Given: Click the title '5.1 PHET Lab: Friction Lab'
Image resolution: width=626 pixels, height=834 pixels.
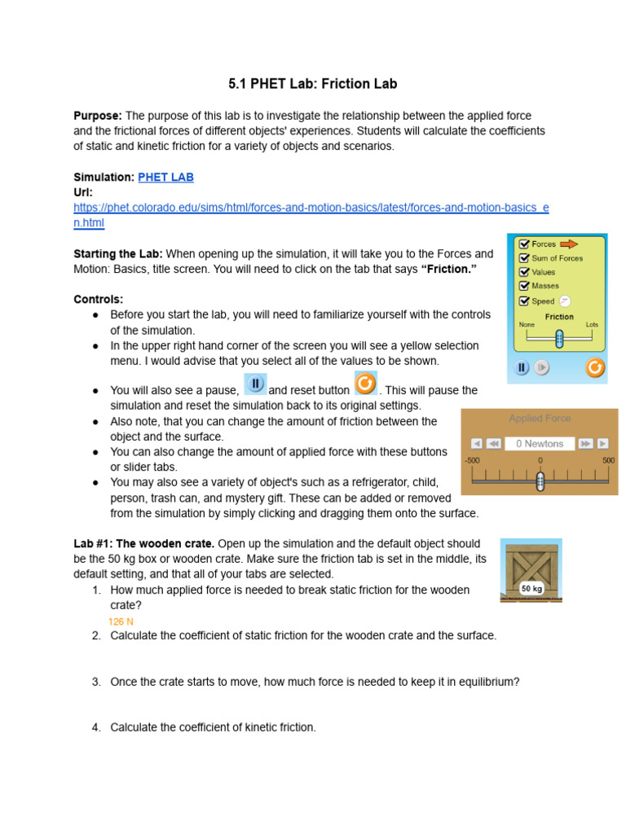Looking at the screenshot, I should pyautogui.click(x=312, y=84).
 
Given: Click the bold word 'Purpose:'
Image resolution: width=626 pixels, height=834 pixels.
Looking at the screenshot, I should pyautogui.click(x=98, y=116).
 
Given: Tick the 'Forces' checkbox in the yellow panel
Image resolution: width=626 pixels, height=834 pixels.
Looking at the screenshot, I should pyautogui.click(x=524, y=244).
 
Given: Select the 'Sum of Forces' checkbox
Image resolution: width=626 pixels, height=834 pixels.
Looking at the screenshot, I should pyautogui.click(x=524, y=258).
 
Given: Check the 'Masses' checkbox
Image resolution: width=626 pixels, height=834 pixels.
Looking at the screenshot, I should pyautogui.click(x=524, y=286).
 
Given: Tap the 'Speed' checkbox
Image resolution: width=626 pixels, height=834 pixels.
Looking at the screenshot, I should pyautogui.click(x=524, y=301).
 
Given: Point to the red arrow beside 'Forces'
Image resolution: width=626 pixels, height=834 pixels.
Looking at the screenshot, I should pyautogui.click(x=568, y=244).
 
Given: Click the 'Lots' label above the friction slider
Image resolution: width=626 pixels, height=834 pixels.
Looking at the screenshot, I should pyautogui.click(x=591, y=324).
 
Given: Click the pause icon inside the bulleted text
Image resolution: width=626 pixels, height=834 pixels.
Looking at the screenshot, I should pyautogui.click(x=255, y=384).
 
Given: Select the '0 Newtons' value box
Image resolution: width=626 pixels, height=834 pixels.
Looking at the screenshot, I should pyautogui.click(x=540, y=444).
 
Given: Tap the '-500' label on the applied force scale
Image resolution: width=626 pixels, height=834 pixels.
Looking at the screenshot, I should pyautogui.click(x=472, y=460).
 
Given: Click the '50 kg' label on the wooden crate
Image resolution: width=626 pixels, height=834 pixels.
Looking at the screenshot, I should pyautogui.click(x=531, y=588).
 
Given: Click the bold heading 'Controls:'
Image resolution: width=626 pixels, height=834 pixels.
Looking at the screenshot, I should pyautogui.click(x=98, y=299).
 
